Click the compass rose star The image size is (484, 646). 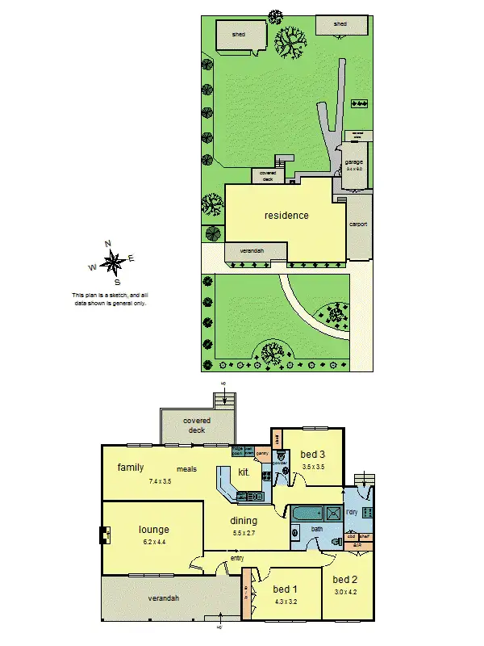[114, 261]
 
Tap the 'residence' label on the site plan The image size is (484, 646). [286, 216]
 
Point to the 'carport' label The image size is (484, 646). [358, 224]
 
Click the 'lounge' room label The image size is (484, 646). [153, 530]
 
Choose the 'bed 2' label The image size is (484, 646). [344, 579]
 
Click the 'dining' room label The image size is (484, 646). [244, 522]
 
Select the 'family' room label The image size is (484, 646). [130, 468]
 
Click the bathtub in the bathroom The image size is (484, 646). [307, 513]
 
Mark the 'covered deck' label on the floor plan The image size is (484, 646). [196, 425]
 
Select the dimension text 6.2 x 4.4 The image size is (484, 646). [153, 543]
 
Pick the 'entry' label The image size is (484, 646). [237, 558]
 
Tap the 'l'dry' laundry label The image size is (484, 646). [352, 513]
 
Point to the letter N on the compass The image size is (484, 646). [107, 243]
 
